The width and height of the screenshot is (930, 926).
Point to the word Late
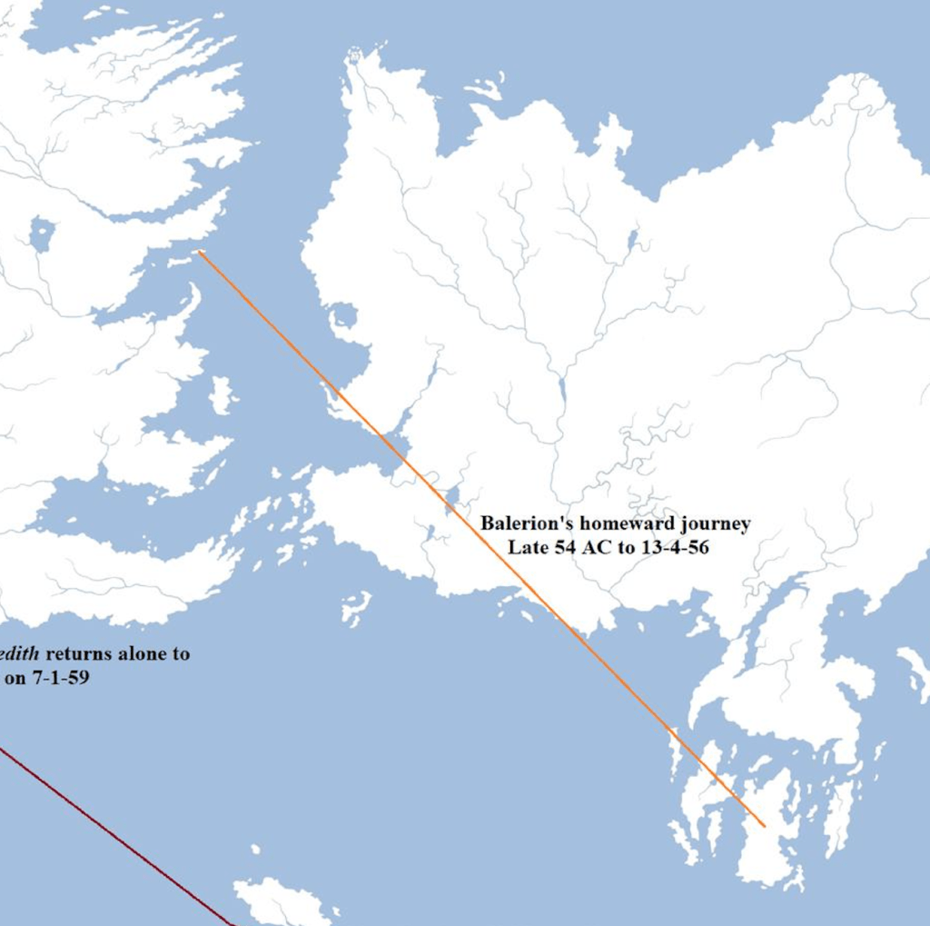[x=525, y=547]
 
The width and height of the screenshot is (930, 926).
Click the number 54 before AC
[x=565, y=547]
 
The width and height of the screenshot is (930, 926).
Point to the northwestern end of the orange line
[x=200, y=252]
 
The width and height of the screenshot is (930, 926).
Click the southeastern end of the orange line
[x=764, y=826]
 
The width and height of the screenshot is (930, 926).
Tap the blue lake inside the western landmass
[x=41, y=234]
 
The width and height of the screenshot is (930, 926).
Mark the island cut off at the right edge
[x=915, y=672]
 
